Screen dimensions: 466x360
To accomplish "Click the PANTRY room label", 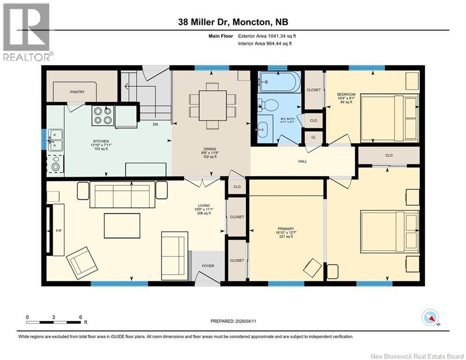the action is point(77,92).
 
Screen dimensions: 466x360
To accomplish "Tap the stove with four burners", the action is point(103,115).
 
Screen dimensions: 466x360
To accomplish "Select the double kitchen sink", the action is point(56,140).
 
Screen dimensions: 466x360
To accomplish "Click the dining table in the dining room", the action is point(213,105).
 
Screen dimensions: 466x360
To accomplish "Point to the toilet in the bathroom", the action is point(268,105).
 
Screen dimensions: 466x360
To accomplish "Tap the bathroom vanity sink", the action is point(262,130).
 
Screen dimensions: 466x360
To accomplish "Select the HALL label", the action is point(303,161).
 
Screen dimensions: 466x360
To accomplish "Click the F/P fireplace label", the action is point(59,231).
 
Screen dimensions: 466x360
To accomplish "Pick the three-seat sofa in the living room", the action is point(122,195).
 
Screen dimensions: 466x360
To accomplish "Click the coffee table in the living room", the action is point(122,225).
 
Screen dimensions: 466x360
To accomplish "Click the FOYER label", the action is point(208,266).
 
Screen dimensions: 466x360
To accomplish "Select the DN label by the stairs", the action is point(155,124).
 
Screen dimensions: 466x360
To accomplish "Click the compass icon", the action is point(430,318).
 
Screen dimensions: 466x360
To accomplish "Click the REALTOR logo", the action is point(26,32).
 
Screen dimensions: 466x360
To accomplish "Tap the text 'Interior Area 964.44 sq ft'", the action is point(265,44).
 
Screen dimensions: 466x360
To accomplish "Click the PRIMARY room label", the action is point(286,229).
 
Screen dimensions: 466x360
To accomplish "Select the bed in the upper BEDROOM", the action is point(390,119).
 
